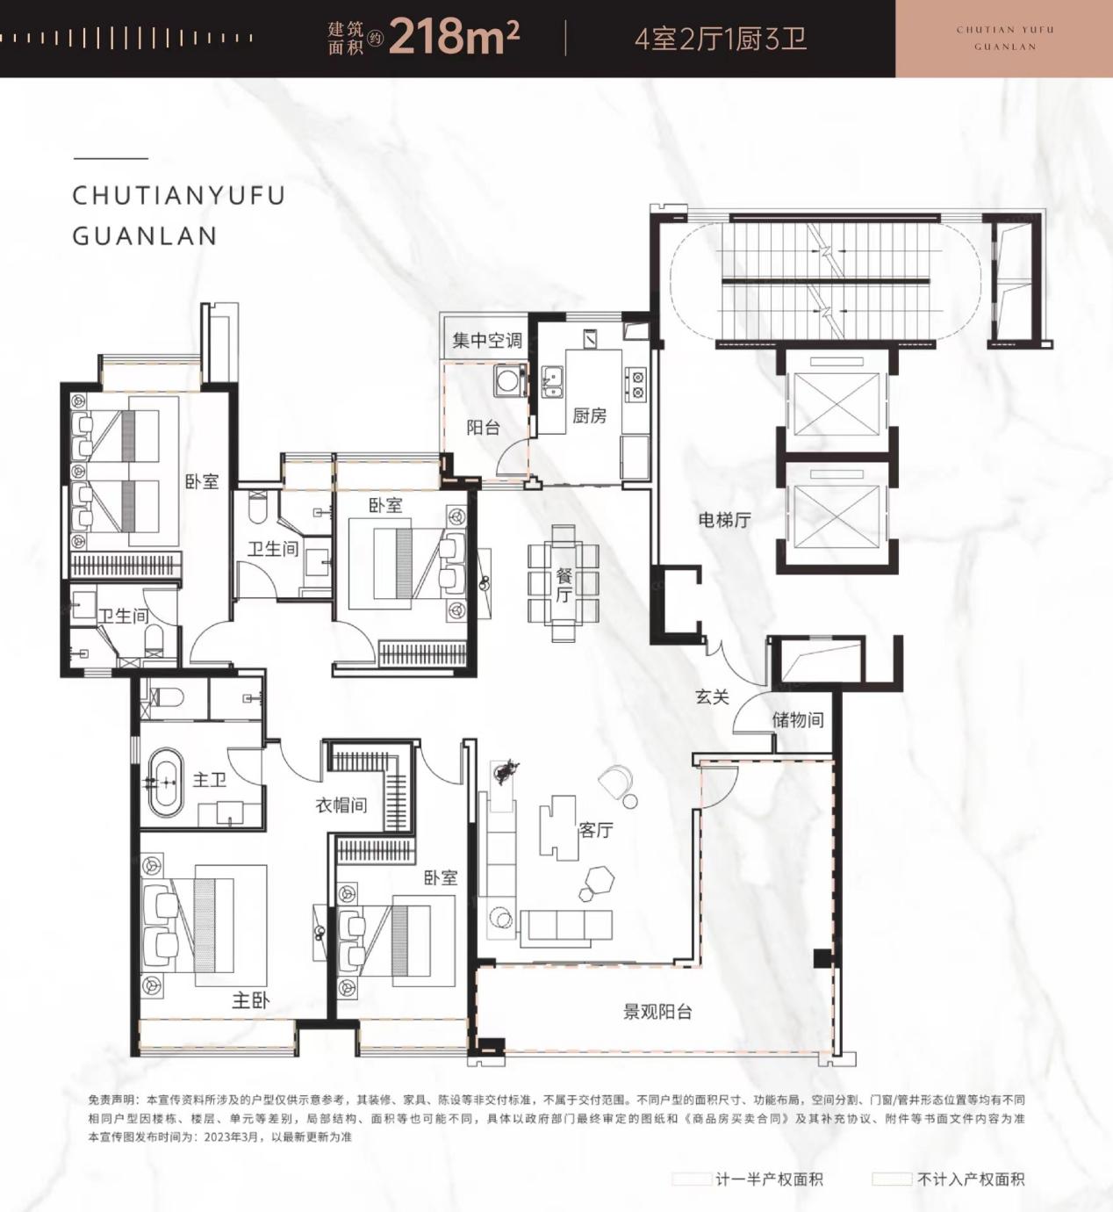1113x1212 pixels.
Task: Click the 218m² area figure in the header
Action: (x=454, y=37)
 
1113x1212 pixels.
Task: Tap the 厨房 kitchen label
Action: (x=589, y=415)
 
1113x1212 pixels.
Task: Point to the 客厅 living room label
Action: (x=595, y=830)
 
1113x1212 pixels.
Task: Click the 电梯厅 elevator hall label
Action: (x=724, y=519)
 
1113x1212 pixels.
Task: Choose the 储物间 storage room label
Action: (x=797, y=719)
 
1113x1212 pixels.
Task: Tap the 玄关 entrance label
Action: (x=713, y=696)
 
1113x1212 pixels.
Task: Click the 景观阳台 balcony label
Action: (x=657, y=1012)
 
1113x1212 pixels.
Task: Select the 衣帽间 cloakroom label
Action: (x=341, y=804)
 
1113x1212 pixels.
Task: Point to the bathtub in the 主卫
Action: (x=165, y=783)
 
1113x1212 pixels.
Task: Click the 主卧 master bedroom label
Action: (x=251, y=1001)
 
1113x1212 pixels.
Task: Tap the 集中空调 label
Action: (x=487, y=341)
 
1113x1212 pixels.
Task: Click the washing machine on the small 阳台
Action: (x=508, y=380)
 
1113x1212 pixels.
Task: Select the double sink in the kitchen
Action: (x=552, y=382)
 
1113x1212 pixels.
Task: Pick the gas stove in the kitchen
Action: (x=635, y=385)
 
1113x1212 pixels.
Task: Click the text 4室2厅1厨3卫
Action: (x=721, y=40)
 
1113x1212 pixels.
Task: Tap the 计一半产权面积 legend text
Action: (x=769, y=1179)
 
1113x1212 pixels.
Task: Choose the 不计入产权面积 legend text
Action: (x=971, y=1179)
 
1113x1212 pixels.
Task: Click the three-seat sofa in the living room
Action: (x=566, y=925)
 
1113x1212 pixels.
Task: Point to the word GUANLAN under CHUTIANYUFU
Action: (x=144, y=235)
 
